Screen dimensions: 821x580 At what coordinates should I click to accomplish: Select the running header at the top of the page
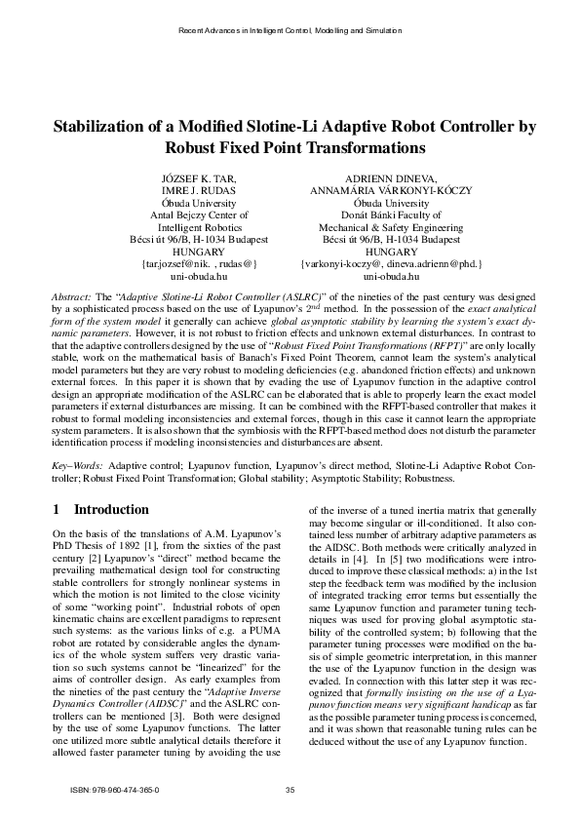click(x=290, y=31)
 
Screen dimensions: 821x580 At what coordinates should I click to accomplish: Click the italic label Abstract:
click(x=71, y=293)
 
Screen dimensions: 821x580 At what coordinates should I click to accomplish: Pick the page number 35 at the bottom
click(x=290, y=789)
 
